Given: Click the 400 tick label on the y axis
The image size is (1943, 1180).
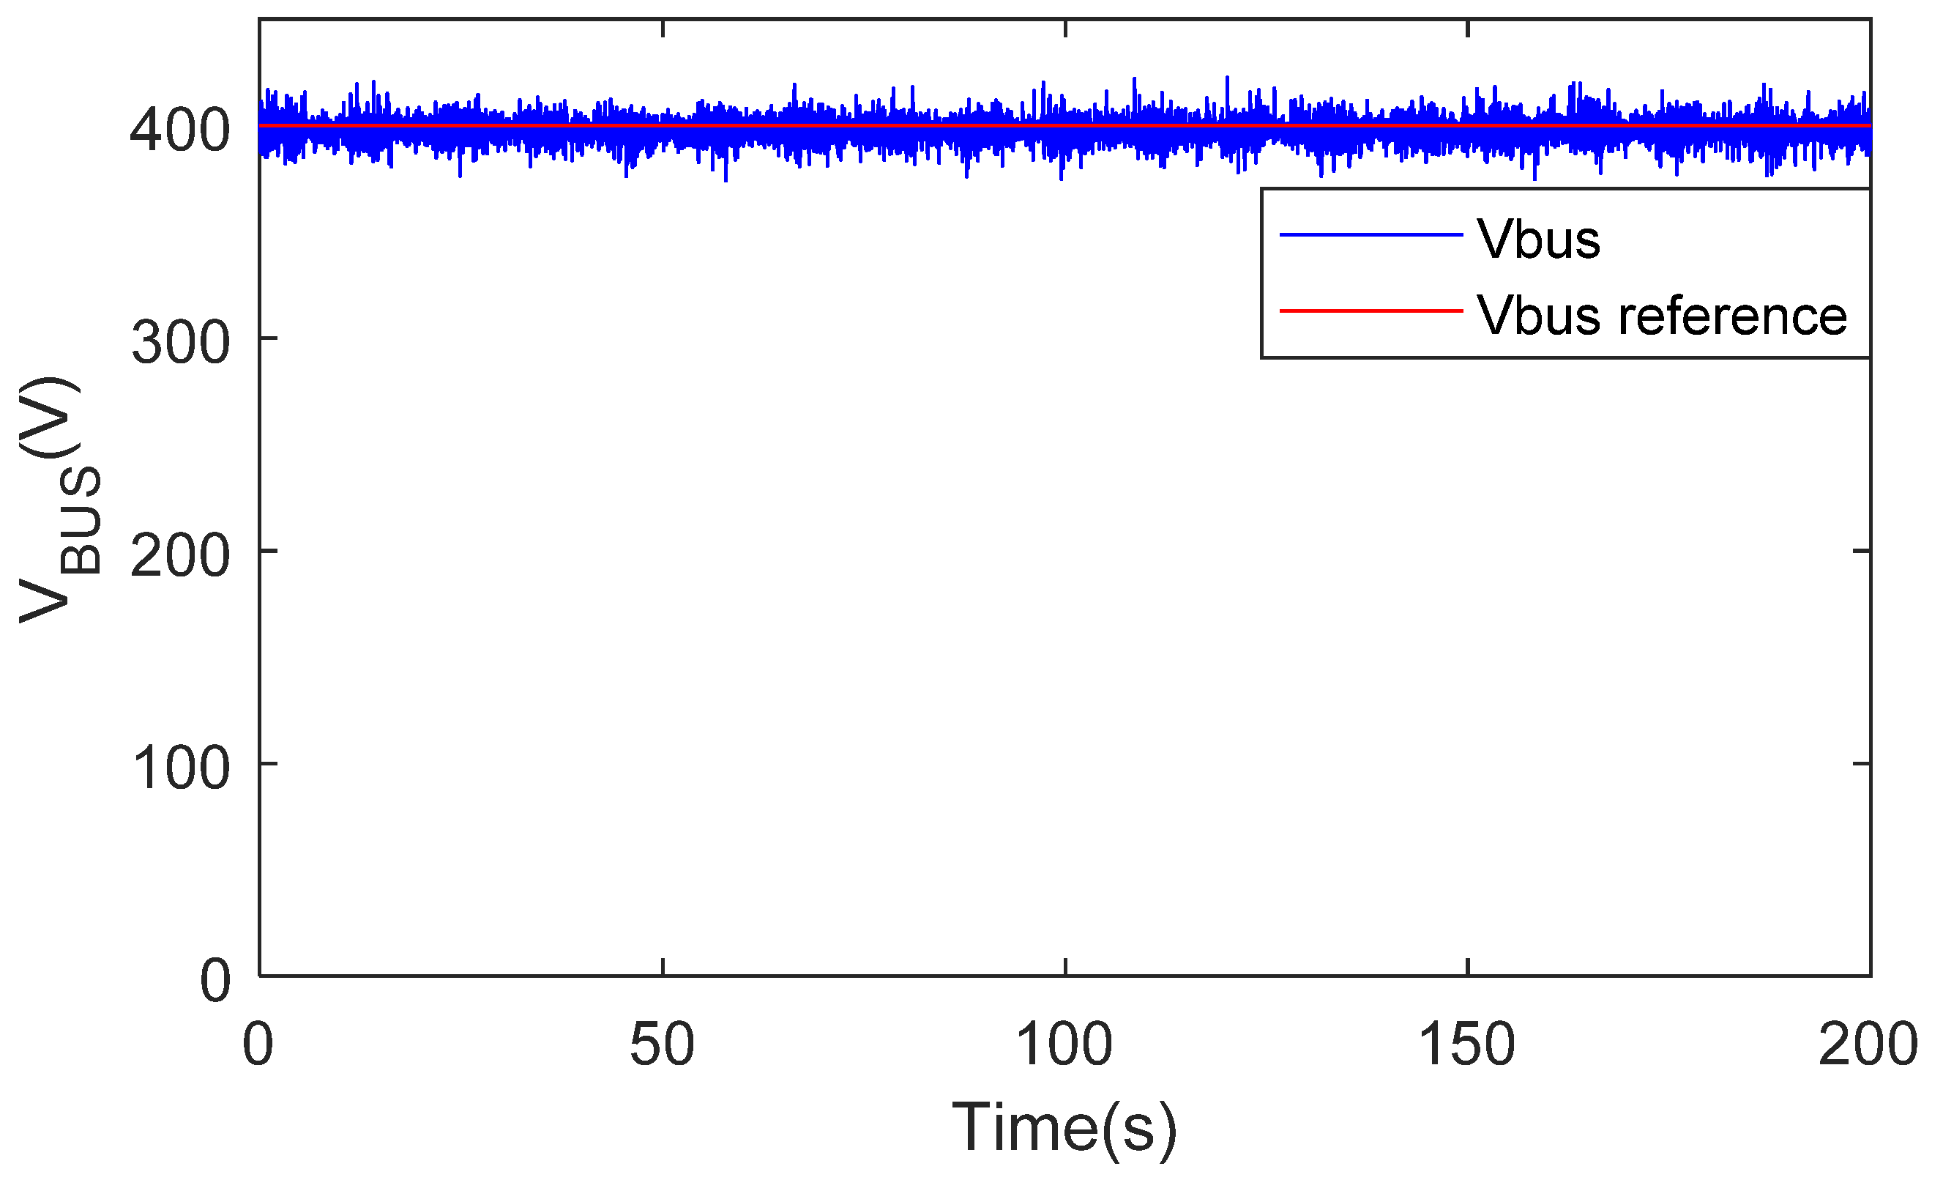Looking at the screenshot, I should point(180,130).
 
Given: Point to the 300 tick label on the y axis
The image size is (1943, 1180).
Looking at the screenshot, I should point(181,343).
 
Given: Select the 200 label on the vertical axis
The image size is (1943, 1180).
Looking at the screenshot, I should point(180,556).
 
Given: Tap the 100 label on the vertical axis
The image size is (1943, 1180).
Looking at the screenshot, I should point(181,768).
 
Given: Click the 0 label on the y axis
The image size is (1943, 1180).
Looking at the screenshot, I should point(215,982).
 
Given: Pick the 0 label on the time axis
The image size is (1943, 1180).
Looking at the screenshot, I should point(258,1044).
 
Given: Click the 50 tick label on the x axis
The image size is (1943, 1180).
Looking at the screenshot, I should point(662,1044).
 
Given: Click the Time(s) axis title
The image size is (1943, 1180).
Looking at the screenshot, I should point(1064,1128).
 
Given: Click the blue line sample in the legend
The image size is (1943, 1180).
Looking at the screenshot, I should point(1371,234).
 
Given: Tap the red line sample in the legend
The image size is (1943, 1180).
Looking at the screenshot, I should point(1371,311).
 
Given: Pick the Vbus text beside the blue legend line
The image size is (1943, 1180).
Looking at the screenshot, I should point(1538,239).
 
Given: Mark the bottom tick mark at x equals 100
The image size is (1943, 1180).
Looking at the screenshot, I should point(1065,967).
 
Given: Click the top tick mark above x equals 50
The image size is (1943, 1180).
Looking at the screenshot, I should point(663,29).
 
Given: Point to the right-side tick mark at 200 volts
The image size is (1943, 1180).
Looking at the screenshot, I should point(1861,551).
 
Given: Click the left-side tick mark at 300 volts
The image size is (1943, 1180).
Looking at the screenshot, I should point(269,338).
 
